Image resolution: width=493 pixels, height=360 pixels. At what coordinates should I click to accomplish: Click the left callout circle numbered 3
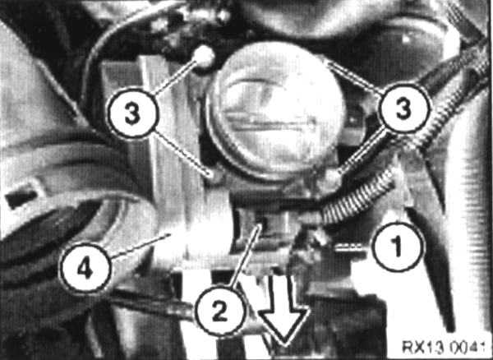pyautogui.click(x=132, y=113)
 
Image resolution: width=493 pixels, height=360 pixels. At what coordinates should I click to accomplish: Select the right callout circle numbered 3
pyautogui.click(x=404, y=108)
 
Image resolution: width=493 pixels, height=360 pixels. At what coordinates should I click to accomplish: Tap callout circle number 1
pyautogui.click(x=398, y=247)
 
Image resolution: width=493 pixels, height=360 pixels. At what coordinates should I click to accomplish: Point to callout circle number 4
pyautogui.click(x=85, y=269)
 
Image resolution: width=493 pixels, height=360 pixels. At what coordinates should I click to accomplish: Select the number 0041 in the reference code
pyautogui.click(x=466, y=347)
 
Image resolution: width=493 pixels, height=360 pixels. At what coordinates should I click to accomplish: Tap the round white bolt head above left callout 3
pyautogui.click(x=204, y=57)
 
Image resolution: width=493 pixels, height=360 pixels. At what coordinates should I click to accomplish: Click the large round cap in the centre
pyautogui.click(x=276, y=110)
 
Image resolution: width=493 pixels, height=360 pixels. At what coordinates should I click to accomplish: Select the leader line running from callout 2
pyautogui.click(x=244, y=257)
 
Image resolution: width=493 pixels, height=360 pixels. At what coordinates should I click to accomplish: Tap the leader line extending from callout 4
pyautogui.click(x=141, y=246)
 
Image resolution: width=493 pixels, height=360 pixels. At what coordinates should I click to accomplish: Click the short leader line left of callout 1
pyautogui.click(x=353, y=247)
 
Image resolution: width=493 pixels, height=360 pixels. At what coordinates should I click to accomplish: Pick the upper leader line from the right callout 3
pyautogui.click(x=355, y=77)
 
